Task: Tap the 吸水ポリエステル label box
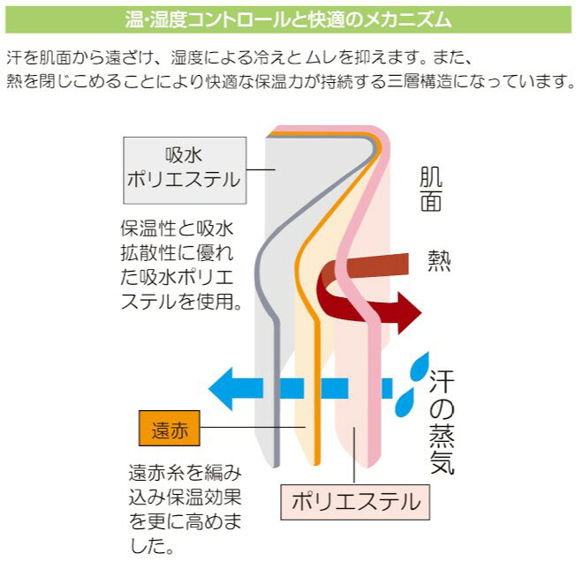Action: (x=184, y=168)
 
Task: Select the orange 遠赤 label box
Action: (x=171, y=430)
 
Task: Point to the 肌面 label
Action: (x=431, y=190)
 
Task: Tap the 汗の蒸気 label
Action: (x=442, y=423)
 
